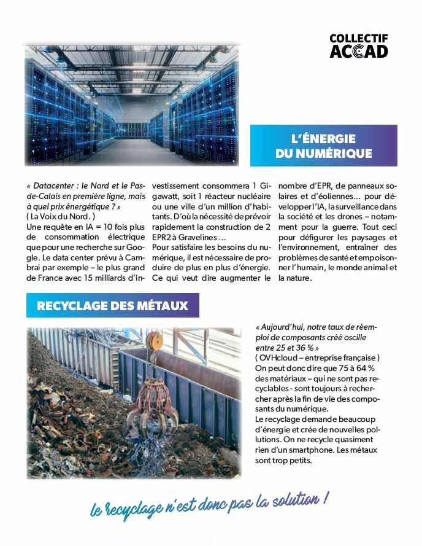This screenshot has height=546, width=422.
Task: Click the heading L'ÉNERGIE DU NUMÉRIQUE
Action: coord(323,146)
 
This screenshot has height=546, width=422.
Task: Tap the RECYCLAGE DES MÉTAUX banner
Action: coord(112,305)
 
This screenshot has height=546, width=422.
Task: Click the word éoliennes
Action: coord(331,196)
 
